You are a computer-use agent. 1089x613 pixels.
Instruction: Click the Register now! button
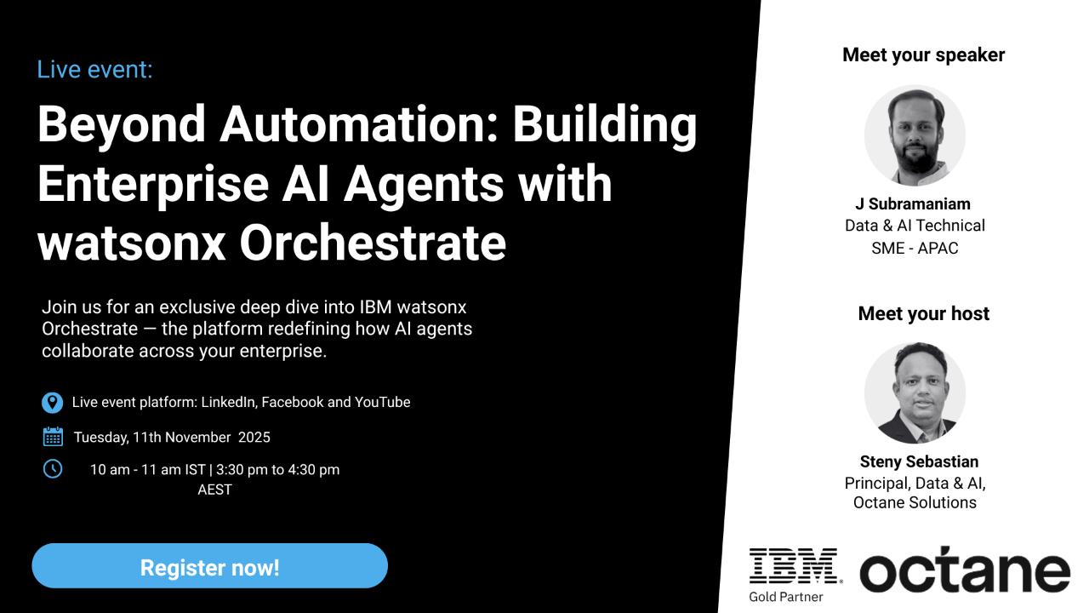209,566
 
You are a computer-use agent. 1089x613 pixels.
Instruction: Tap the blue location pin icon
52,403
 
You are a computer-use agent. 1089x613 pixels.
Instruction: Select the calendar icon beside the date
53,437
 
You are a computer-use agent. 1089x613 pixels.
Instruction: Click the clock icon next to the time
53,469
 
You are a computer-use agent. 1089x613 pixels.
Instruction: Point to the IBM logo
795,566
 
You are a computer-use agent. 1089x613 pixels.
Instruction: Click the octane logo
965,570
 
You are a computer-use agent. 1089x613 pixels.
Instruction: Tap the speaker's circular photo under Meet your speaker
915,135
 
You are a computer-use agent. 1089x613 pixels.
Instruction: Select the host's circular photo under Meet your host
915,392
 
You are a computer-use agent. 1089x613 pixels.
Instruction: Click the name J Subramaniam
913,203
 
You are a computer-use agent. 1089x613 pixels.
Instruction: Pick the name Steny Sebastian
919,461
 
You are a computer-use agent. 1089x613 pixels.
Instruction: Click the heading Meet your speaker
923,55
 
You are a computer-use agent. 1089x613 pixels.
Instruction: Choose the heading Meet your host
924,314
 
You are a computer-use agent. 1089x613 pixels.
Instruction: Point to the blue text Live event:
94,70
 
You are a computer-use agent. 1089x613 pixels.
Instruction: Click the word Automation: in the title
359,124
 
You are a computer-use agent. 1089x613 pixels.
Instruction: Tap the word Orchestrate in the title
373,243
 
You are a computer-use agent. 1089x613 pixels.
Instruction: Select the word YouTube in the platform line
383,403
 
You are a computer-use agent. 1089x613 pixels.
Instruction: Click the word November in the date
198,438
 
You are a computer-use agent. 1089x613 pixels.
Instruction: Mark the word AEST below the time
215,490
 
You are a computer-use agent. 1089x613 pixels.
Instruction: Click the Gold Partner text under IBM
786,597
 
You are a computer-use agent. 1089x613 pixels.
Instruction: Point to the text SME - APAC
915,248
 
